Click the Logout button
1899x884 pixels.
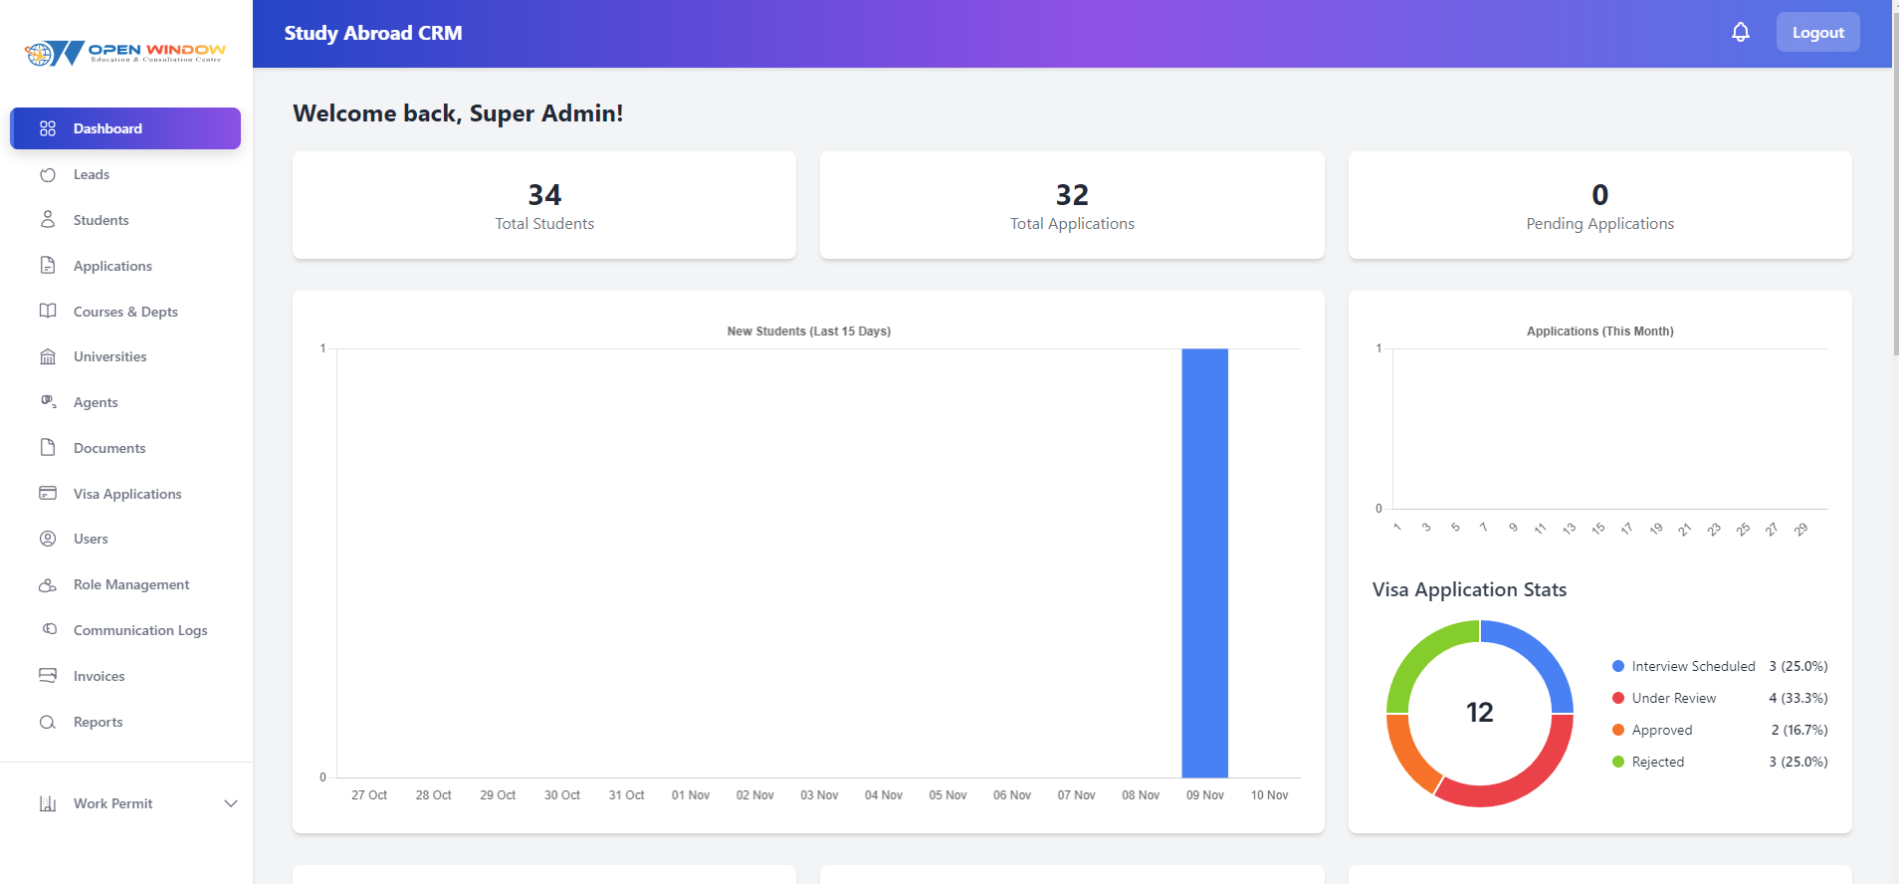(x=1817, y=33)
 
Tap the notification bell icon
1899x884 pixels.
(x=1740, y=33)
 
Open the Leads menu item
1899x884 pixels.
(x=92, y=174)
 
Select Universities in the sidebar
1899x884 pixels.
(x=109, y=356)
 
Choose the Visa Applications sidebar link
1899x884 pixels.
(x=127, y=494)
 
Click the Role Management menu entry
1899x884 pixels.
(x=131, y=584)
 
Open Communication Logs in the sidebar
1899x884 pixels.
(x=140, y=630)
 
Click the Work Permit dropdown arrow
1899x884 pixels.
(x=231, y=803)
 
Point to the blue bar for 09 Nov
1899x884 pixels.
(x=1204, y=562)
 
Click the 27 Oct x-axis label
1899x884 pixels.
(x=369, y=795)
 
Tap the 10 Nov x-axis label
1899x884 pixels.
(x=1269, y=795)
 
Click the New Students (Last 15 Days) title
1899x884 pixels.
(x=808, y=331)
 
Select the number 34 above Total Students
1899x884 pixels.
(x=544, y=194)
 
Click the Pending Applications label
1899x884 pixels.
(x=1599, y=224)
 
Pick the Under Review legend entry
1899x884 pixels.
(x=1673, y=698)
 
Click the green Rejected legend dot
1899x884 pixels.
(x=1618, y=762)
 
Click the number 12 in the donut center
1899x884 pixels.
(x=1479, y=713)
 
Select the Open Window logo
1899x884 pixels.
(x=125, y=52)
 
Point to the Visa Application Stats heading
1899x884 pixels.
(x=1469, y=589)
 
